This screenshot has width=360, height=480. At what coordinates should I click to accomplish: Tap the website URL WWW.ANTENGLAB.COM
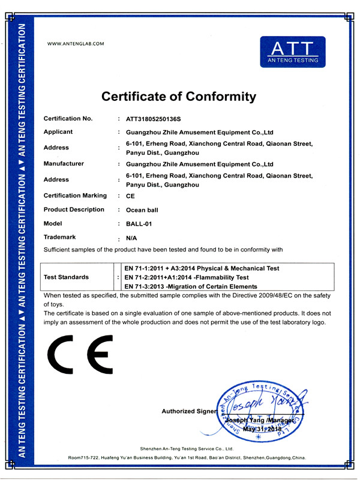tap(76, 44)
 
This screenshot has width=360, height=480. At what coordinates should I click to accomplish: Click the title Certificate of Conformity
tap(179, 97)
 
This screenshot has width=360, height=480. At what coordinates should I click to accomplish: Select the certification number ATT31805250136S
tap(153, 119)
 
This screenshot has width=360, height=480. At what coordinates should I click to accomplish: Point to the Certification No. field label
tap(68, 119)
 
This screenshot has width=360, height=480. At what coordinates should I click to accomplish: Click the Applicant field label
tap(58, 132)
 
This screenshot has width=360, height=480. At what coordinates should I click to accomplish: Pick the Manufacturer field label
tap(64, 164)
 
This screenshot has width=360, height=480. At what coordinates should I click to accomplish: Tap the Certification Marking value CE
tap(130, 196)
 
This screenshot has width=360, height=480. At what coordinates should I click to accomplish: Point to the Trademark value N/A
tap(132, 238)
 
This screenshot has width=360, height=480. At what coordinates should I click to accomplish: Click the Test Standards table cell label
tap(67, 278)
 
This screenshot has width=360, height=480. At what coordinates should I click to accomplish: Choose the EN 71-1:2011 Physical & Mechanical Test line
tap(201, 268)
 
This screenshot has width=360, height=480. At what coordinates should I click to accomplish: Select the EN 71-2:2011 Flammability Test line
tap(186, 278)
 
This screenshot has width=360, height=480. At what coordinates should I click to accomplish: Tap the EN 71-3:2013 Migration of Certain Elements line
tap(190, 287)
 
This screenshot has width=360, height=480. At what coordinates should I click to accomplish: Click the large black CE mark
tap(80, 355)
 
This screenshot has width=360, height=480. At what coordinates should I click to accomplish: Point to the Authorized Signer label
tap(187, 412)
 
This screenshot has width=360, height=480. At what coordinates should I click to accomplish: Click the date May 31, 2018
tap(262, 430)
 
